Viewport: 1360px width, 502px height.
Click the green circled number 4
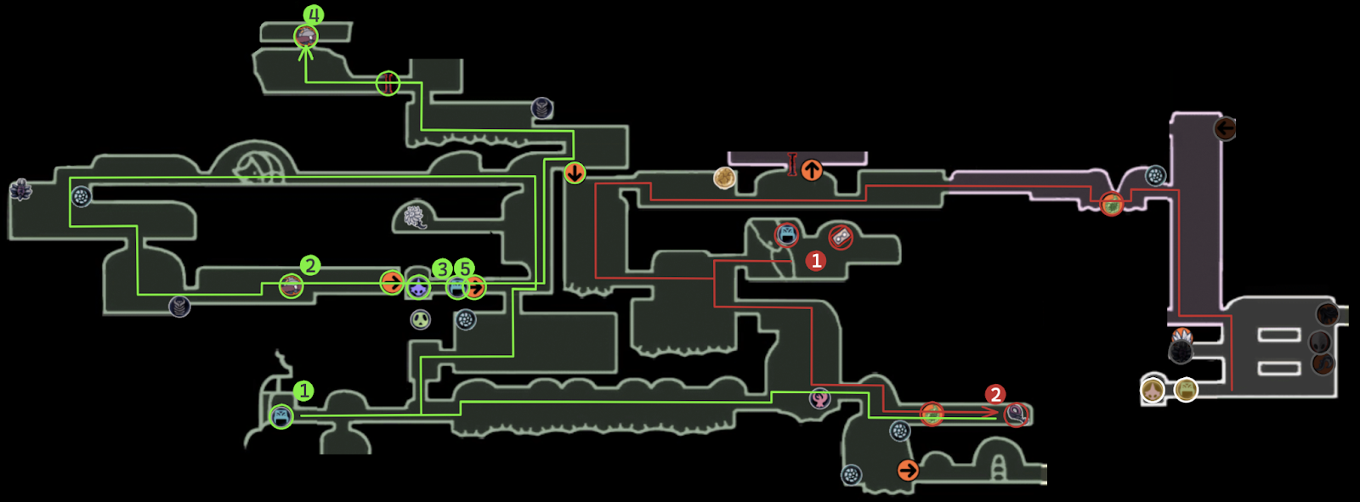314,15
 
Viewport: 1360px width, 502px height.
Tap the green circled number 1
303,391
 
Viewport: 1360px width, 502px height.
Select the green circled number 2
310,266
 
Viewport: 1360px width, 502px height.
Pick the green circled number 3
442,269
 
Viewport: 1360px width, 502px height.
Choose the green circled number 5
464,269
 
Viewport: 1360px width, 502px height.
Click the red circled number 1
816,261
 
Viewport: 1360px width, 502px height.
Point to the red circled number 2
995,394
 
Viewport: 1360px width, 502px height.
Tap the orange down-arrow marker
575,173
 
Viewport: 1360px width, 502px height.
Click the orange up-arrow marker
812,170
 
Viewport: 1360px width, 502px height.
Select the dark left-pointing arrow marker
1225,128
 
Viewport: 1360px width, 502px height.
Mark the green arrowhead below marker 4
306,53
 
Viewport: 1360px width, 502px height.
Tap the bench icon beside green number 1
281,416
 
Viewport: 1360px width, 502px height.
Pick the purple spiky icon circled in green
418,288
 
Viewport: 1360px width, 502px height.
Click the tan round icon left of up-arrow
724,178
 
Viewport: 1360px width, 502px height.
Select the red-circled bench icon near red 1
787,234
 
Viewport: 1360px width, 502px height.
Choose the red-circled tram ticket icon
841,237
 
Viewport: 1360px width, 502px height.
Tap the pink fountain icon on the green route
820,398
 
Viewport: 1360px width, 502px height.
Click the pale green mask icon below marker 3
421,319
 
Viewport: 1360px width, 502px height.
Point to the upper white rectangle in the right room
1279,335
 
